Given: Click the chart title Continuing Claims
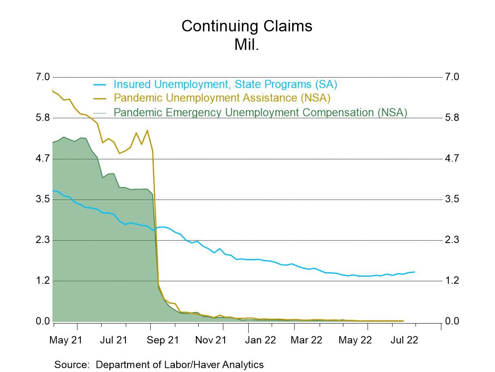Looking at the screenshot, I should click(247, 26).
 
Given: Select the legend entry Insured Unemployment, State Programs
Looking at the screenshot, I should click(225, 84).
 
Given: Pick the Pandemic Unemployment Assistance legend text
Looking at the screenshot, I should click(222, 98).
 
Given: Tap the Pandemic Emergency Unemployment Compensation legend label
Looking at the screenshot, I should click(260, 112).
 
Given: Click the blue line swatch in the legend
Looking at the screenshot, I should click(100, 85).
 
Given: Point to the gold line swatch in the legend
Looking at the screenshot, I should click(100, 98).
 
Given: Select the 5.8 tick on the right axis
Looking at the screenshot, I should click(452, 118).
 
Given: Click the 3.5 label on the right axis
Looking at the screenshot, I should click(452, 199).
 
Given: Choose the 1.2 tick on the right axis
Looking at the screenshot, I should click(452, 280).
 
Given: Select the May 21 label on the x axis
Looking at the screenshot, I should click(65, 340).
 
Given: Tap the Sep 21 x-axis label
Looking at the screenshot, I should click(163, 340).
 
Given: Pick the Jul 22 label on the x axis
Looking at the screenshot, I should click(404, 340).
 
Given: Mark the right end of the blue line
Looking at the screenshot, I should click(414, 272).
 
